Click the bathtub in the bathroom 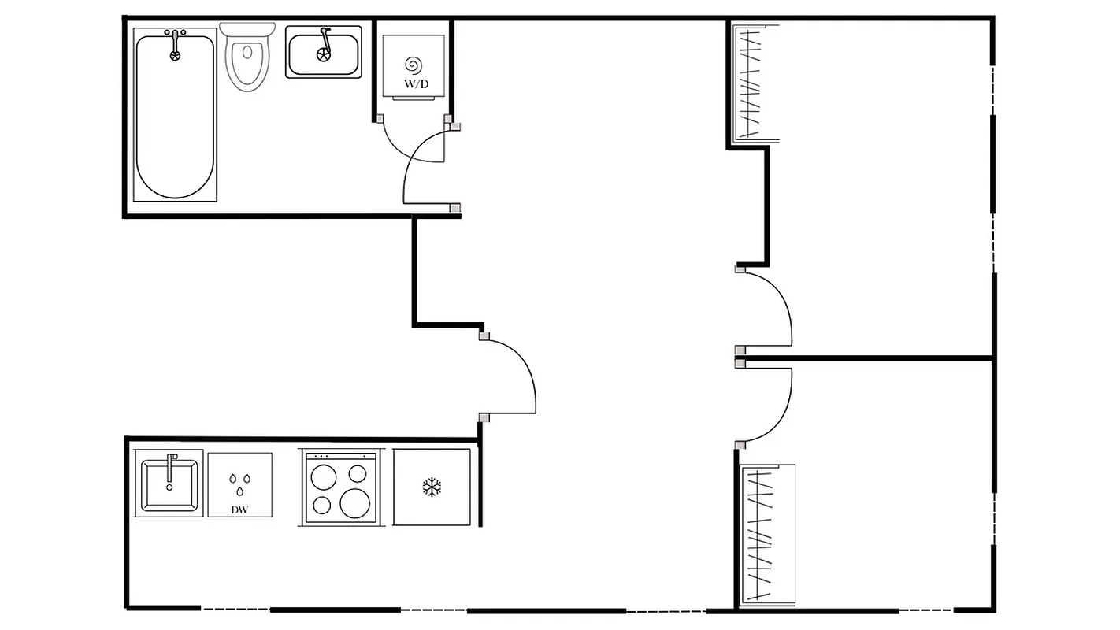[x=175, y=118]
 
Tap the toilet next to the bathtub [x=249, y=59]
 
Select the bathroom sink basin [x=323, y=54]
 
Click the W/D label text [x=417, y=83]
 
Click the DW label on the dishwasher [x=239, y=510]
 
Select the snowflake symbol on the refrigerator [x=432, y=487]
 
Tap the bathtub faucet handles [x=175, y=34]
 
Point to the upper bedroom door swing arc [x=784, y=303]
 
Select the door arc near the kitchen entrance [x=526, y=370]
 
